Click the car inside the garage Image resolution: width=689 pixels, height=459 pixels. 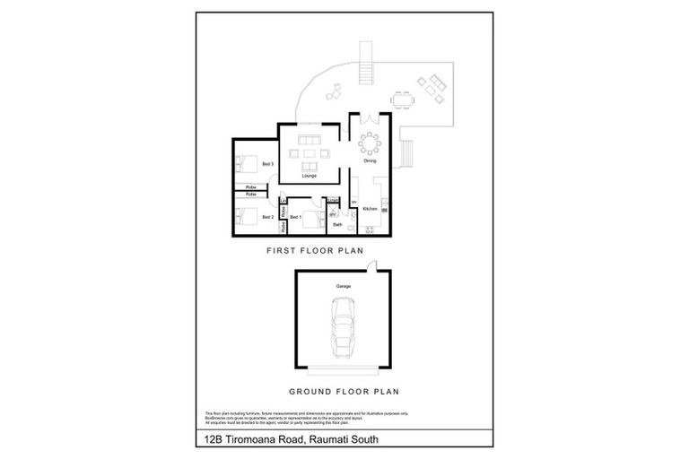coord(344,326)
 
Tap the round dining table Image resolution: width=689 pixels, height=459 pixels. coord(370,143)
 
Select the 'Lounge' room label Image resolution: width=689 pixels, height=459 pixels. coord(309,176)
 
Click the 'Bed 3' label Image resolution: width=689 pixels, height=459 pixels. coord(267,164)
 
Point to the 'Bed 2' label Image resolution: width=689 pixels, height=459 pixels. coord(267,217)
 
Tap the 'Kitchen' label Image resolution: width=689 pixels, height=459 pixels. coord(369,208)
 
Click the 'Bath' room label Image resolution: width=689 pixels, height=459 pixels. coord(336,225)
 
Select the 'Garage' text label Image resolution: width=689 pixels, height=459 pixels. coord(343,286)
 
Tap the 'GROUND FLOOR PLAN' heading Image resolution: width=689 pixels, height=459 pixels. coord(344,391)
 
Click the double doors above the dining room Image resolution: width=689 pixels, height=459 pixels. coord(370,121)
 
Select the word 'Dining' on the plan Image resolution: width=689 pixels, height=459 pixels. coord(370,161)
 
